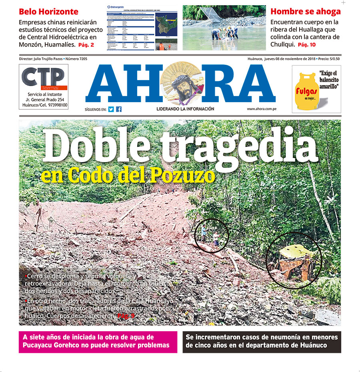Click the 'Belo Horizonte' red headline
point(48,12)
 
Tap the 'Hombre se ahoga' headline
point(306,12)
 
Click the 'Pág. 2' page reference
point(86,45)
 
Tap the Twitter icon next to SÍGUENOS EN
point(111,109)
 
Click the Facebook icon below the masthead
point(119,109)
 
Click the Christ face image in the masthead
point(181,84)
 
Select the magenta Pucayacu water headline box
point(98,342)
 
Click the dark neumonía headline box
point(262,342)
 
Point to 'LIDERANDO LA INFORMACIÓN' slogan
point(185,109)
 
